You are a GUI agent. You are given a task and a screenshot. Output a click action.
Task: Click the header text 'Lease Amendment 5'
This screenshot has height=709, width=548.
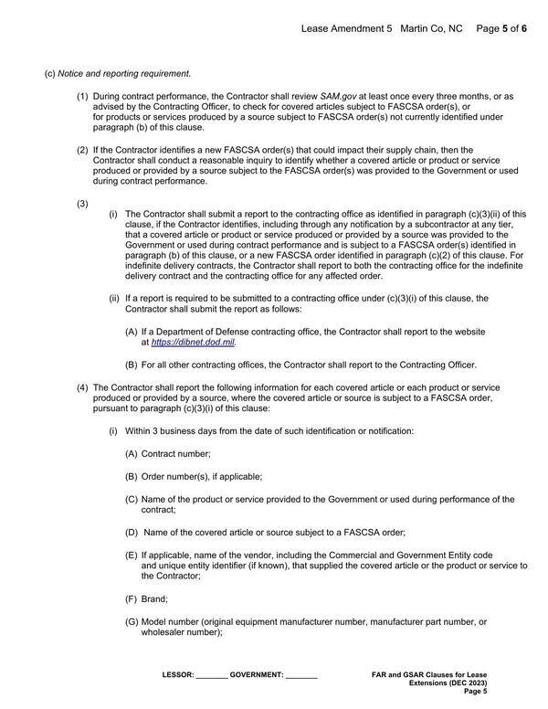[346, 29]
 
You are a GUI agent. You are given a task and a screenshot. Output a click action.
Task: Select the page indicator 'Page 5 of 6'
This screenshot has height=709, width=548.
[501, 29]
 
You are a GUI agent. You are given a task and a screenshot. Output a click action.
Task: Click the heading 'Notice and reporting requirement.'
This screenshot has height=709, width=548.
[124, 73]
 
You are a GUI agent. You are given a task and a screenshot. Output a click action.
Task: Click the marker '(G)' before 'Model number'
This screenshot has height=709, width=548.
[132, 621]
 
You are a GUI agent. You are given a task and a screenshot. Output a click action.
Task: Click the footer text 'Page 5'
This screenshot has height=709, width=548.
[476, 692]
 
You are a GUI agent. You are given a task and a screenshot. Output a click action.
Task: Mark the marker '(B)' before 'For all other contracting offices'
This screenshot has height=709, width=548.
[132, 365]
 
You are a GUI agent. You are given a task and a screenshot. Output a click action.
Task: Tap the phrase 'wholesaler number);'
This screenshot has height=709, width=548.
[182, 632]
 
